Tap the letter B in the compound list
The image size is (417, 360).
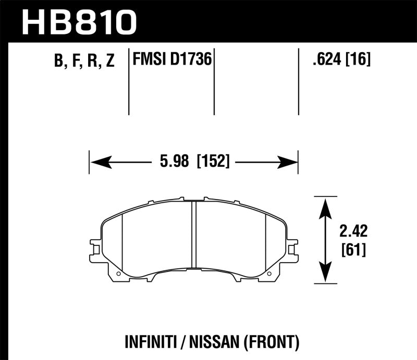coord(58,62)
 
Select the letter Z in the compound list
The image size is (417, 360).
coord(109,62)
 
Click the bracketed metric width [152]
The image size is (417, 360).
coord(213,163)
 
